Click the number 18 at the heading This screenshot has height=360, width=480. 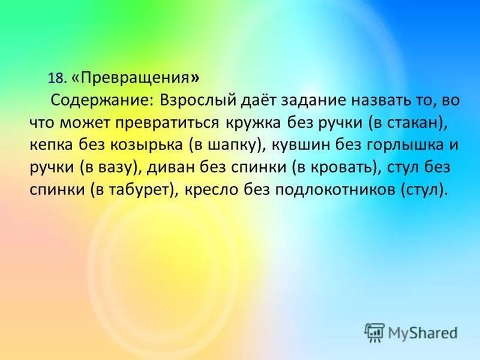tap(56, 79)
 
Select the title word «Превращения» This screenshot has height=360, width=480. tap(134, 78)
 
